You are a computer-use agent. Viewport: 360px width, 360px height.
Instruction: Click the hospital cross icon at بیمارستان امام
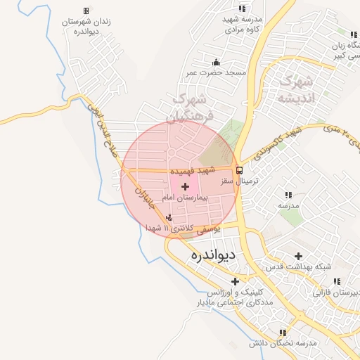click(x=185, y=186)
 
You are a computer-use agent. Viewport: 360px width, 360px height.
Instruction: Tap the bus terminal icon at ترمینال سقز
click(x=240, y=170)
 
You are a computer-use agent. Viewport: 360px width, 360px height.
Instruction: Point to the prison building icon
click(x=86, y=11)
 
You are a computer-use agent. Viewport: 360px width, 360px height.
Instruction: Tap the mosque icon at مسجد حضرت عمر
click(x=215, y=63)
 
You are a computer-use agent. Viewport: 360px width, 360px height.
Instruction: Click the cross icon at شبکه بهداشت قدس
click(x=299, y=256)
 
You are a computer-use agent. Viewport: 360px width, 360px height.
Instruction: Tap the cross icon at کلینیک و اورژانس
click(x=236, y=281)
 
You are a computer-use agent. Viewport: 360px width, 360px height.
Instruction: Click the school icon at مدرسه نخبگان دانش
click(x=283, y=333)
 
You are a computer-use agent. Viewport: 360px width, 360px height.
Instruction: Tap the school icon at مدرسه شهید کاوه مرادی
click(x=243, y=8)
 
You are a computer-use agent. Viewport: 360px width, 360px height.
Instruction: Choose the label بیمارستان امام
click(x=186, y=198)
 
